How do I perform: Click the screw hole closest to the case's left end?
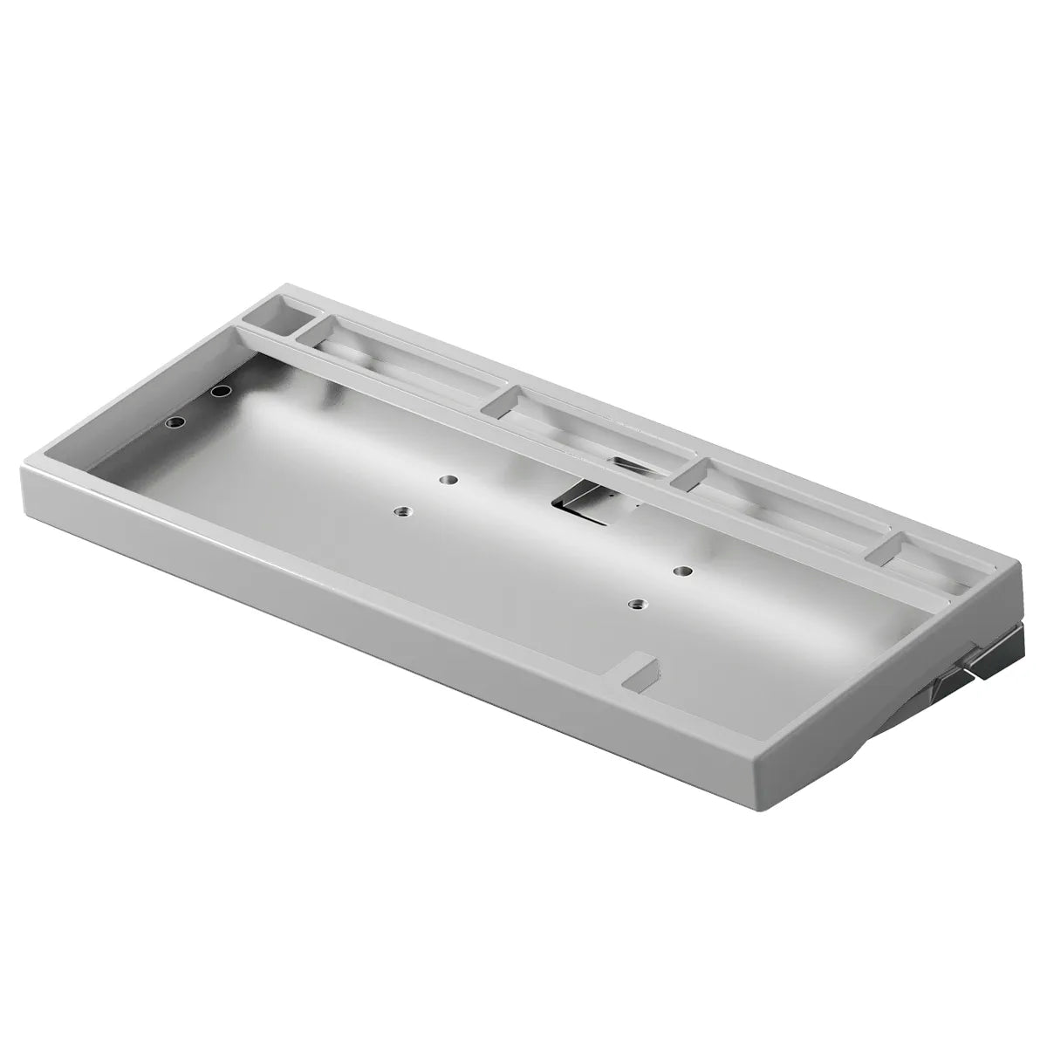pyautogui.click(x=175, y=421)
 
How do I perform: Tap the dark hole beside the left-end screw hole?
pyautogui.click(x=220, y=392)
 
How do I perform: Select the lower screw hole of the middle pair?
pyautogui.click(x=402, y=511)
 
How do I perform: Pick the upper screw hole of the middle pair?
pyautogui.click(x=448, y=479)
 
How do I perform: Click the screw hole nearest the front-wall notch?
pyautogui.click(x=639, y=604)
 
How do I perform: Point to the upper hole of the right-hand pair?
pyautogui.click(x=681, y=571)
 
